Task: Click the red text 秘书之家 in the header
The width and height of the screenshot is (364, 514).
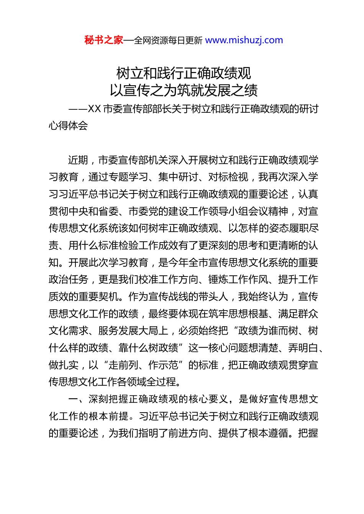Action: [x=103, y=40]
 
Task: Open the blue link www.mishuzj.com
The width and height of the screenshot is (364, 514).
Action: [x=244, y=40]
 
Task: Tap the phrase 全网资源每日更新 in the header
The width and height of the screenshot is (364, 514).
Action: [x=168, y=41]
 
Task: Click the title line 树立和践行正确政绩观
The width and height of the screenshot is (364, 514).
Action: [x=184, y=73]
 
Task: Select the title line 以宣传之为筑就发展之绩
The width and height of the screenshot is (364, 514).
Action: [x=184, y=90]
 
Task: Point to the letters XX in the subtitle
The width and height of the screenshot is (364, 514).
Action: [x=94, y=109]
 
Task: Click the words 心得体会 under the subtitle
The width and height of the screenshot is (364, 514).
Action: [x=68, y=126]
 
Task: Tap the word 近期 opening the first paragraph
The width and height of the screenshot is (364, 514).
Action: [x=78, y=160]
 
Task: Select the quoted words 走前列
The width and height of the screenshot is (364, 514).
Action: [x=123, y=365]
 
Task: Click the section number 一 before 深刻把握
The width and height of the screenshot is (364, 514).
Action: [x=73, y=399]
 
